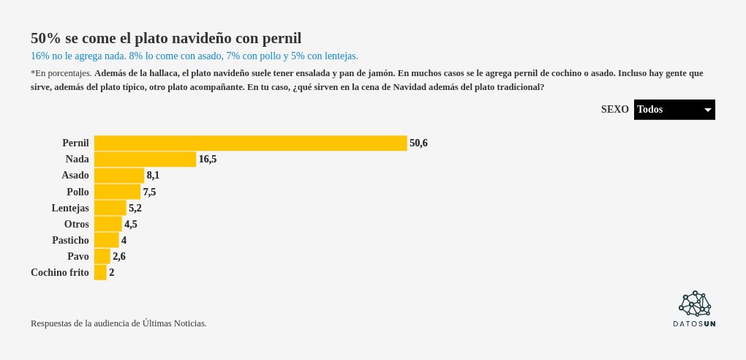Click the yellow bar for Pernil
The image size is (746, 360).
[250, 143]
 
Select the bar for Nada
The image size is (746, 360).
[145, 160]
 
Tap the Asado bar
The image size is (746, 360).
[119, 176]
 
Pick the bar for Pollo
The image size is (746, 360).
[117, 192]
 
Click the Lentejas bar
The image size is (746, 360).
[110, 208]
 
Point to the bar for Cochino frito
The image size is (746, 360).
[100, 272]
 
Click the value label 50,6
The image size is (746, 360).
[418, 143]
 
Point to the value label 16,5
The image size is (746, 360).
[208, 160]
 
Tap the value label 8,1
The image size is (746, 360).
[153, 176]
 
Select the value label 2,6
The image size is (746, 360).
[119, 257]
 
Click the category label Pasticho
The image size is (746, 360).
[70, 241]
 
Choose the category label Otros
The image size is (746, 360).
[76, 225]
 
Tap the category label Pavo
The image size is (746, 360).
[78, 257]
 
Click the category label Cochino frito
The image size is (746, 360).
[60, 273]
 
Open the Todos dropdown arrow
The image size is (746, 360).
[707, 110]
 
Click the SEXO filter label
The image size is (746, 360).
[614, 110]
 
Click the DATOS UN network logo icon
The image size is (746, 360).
[695, 303]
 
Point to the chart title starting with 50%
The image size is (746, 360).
[166, 38]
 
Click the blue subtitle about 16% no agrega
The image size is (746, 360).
[195, 56]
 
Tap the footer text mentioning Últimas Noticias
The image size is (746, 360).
[118, 323]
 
